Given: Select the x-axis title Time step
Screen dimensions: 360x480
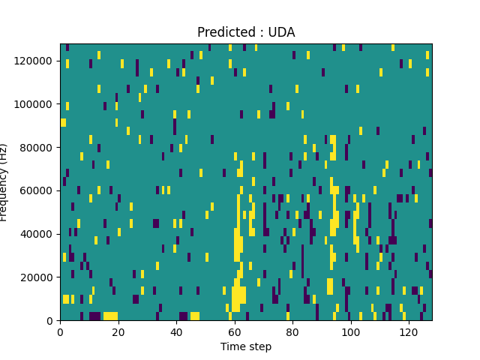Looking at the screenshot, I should pyautogui.click(x=246, y=346).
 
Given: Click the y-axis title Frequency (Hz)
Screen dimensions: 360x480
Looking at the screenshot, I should pyautogui.click(x=4, y=182).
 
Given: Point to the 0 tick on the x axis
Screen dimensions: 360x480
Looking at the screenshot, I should pyautogui.click(x=60, y=331).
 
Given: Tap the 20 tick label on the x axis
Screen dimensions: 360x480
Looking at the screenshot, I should pyautogui.click(x=118, y=331).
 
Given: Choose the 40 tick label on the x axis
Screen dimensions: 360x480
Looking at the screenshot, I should pyautogui.click(x=176, y=331).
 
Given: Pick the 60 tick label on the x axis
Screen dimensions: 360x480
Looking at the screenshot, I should pyautogui.click(x=235, y=331).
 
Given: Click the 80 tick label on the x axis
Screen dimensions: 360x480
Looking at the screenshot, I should pyautogui.click(x=292, y=331).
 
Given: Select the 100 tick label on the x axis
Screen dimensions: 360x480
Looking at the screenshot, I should pyautogui.click(x=351, y=331).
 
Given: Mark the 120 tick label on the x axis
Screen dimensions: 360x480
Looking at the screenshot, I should pyautogui.click(x=409, y=331).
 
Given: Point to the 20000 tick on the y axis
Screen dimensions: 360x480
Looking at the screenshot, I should pyautogui.click(x=41, y=277).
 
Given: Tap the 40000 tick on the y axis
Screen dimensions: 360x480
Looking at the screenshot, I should pyautogui.click(x=41, y=234).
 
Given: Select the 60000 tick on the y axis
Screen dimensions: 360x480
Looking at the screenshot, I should pyautogui.click(x=41, y=190).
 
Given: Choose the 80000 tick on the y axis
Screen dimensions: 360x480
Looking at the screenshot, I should pyautogui.click(x=41, y=147).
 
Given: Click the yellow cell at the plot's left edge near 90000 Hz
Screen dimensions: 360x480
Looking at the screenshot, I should pyautogui.click(x=63, y=122).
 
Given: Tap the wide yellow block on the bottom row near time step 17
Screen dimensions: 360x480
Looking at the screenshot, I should pyautogui.click(x=110, y=316).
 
